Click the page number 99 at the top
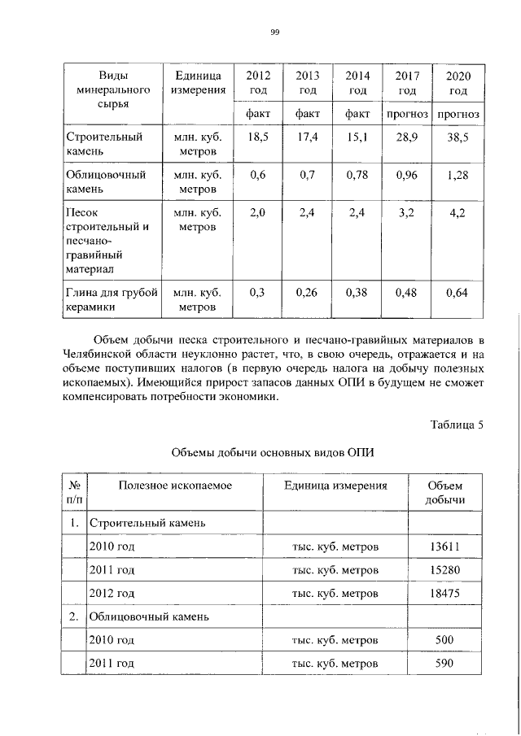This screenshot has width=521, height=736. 274,31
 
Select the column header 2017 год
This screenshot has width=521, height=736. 407,82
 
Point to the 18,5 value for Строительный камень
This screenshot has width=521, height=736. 258,137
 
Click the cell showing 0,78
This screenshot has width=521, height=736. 357,174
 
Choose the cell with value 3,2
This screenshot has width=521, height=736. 407,213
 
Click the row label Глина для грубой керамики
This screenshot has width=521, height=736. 110,300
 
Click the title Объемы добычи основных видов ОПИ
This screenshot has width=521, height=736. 273,452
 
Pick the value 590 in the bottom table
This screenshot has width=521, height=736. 444,664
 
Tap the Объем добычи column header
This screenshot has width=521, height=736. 444,492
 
